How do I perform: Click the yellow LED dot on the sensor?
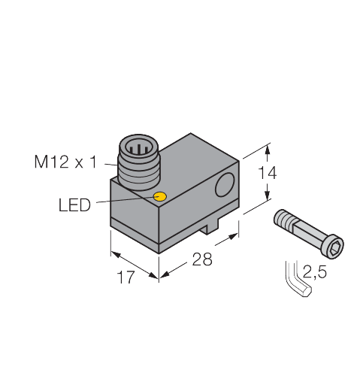click(x=159, y=197)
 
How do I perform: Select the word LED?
click(x=74, y=205)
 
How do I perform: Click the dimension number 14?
click(x=267, y=173)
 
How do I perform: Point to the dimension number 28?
click(x=201, y=259)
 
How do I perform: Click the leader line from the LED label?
click(x=124, y=202)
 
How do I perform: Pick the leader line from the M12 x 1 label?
click(x=108, y=161)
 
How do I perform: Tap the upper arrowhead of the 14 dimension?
click(x=267, y=147)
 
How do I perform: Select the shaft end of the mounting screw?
click(x=280, y=218)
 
